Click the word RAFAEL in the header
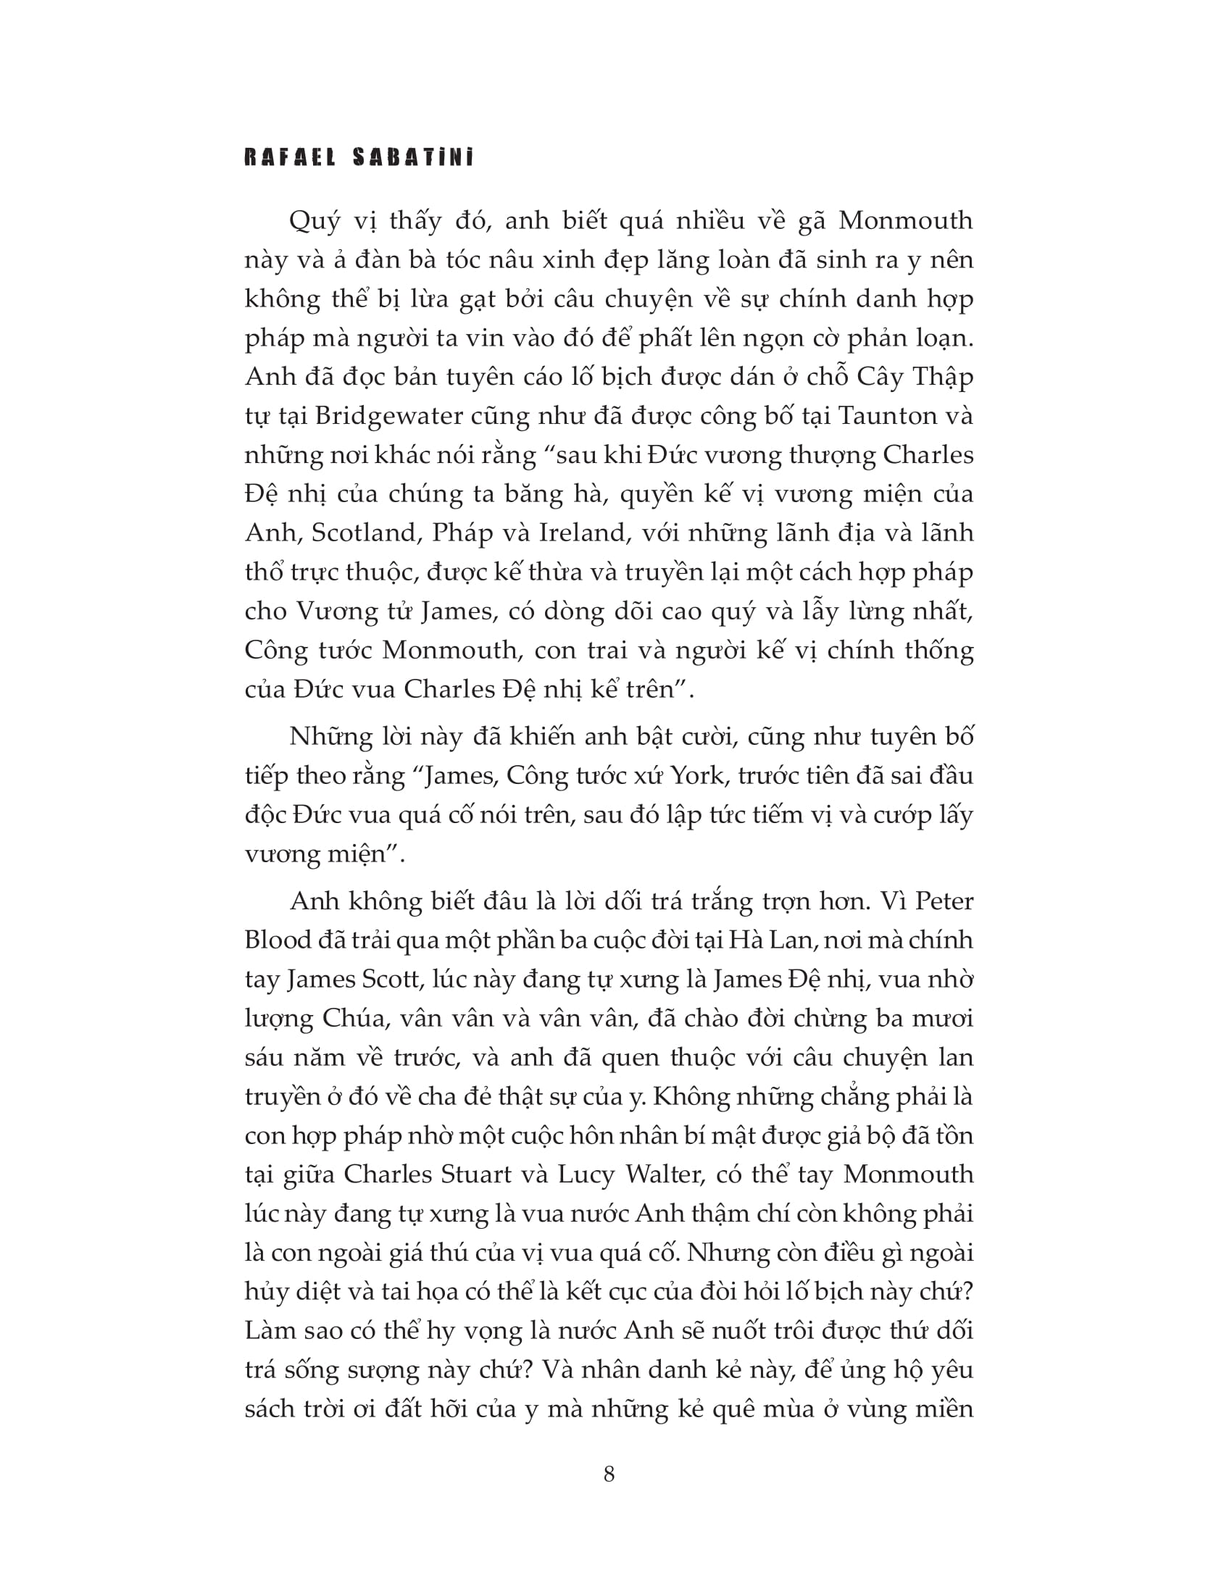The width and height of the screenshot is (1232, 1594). tap(290, 158)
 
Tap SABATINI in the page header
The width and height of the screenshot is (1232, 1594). tap(413, 158)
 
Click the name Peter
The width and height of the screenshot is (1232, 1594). tap(944, 901)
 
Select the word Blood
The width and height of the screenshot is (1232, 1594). tap(276, 940)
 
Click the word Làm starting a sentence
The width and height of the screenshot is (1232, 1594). tap(270, 1330)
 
